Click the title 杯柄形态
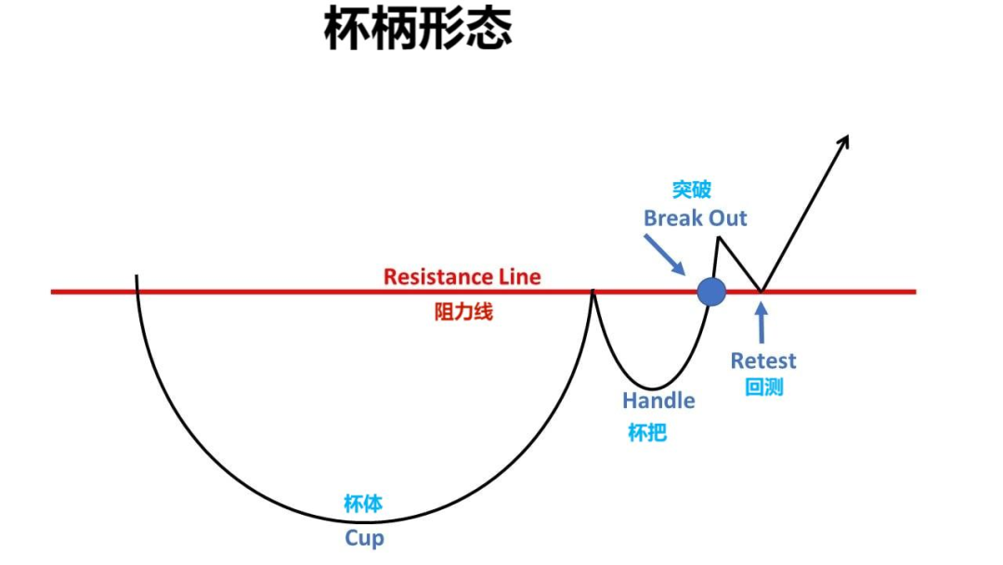coord(418,30)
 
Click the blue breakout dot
coord(711,292)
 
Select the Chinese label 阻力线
coord(463,312)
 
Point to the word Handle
coord(658,401)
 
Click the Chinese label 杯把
coord(647,432)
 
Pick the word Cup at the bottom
coord(364,538)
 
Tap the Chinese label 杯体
coord(363,506)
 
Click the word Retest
coord(763,361)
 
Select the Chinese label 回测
coord(764,387)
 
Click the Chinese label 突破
coord(692,190)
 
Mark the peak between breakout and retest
coord(718,239)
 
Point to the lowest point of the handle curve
coord(653,388)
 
